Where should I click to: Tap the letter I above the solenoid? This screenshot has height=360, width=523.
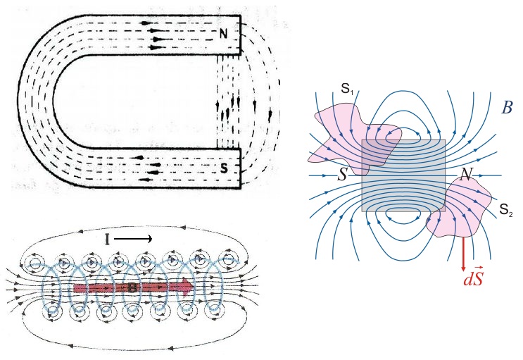click(107, 240)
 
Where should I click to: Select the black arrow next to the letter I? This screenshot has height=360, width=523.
click(134, 240)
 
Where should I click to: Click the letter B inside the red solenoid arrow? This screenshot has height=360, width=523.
click(132, 287)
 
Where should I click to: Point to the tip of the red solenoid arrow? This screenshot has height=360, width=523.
click(194, 287)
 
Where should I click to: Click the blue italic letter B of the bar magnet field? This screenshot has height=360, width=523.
click(507, 108)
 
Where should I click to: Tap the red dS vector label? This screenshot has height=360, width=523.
click(472, 280)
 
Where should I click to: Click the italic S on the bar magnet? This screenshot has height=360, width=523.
click(342, 174)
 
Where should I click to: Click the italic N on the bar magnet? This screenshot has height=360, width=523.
click(465, 175)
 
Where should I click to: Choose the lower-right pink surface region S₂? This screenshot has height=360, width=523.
click(461, 211)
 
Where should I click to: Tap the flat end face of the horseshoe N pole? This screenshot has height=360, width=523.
click(241, 36)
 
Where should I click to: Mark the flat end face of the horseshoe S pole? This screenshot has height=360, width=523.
click(241, 168)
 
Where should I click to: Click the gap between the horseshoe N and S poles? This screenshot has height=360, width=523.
click(229, 102)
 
